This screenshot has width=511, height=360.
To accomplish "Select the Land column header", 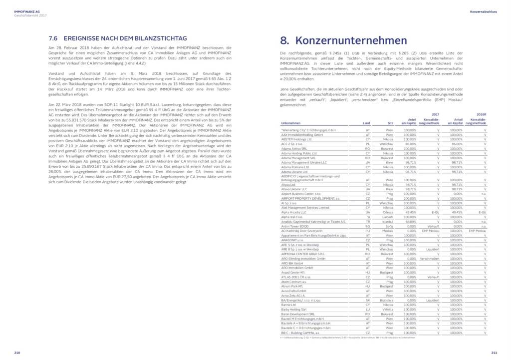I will tap(366, 123).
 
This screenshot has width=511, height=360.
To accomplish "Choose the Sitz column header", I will tap(390, 123).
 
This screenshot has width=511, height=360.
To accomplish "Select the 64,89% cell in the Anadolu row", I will tap(410, 221).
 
